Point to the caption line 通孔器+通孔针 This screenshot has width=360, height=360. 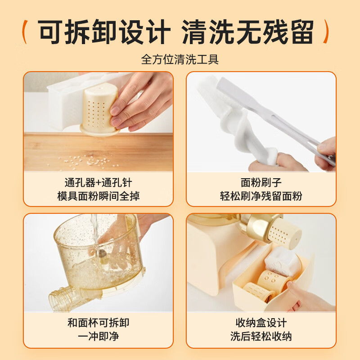pos(98,183)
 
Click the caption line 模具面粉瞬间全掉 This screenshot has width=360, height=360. pos(98,196)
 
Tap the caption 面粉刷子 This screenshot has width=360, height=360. pos(261,183)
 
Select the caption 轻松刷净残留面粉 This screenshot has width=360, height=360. pos(261,196)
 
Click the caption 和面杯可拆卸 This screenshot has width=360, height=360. pos(98,323)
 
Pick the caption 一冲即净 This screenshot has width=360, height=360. pos(98,337)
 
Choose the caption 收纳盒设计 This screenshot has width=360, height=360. pos(261,323)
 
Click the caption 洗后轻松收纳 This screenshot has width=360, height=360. pos(261,337)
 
